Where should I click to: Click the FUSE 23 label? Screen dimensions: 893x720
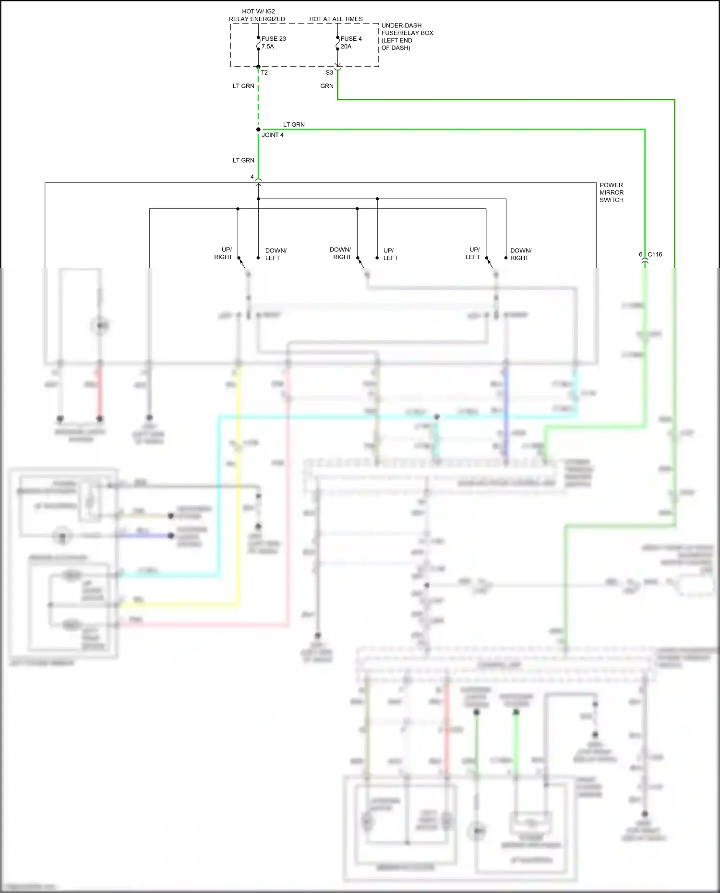tap(274, 39)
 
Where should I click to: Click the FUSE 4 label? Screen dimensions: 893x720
tap(351, 39)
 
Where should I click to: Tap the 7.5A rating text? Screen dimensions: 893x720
tap(268, 47)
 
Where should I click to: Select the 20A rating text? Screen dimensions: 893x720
tap(346, 47)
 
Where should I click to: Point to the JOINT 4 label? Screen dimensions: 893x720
tap(273, 135)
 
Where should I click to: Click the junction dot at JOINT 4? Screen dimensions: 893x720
tap(258, 130)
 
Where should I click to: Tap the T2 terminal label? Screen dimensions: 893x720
tap(264, 73)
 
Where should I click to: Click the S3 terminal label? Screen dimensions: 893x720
tap(329, 73)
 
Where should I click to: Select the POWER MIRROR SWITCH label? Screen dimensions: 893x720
tap(611, 192)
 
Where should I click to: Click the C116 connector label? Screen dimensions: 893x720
tap(655, 254)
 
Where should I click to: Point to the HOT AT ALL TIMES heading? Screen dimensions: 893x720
tap(336, 19)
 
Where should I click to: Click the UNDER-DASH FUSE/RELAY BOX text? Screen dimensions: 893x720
tap(407, 36)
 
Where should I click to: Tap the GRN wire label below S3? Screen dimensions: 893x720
tap(327, 86)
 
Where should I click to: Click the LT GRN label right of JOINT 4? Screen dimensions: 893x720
tap(294, 124)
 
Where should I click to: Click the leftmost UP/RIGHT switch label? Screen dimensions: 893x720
tap(223, 253)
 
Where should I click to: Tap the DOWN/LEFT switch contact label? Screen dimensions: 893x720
tap(276, 254)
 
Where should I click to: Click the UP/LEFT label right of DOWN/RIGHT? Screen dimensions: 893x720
tap(390, 254)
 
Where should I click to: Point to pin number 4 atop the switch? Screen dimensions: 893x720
tap(252, 177)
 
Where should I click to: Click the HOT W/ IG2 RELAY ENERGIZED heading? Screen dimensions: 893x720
tap(257, 15)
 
